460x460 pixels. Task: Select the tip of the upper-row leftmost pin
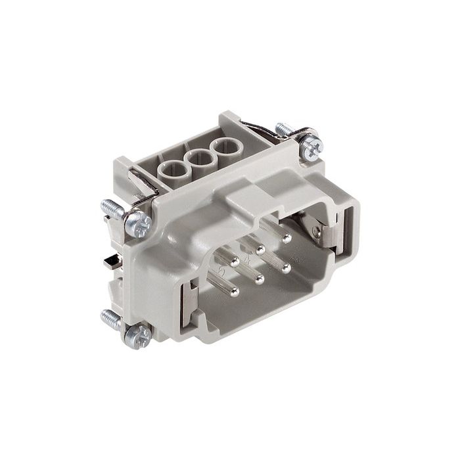coord(235,262)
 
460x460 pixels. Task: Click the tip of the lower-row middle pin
coord(260,279)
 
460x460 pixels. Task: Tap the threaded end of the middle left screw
coord(109,206)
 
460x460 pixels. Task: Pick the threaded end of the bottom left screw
coord(108,317)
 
